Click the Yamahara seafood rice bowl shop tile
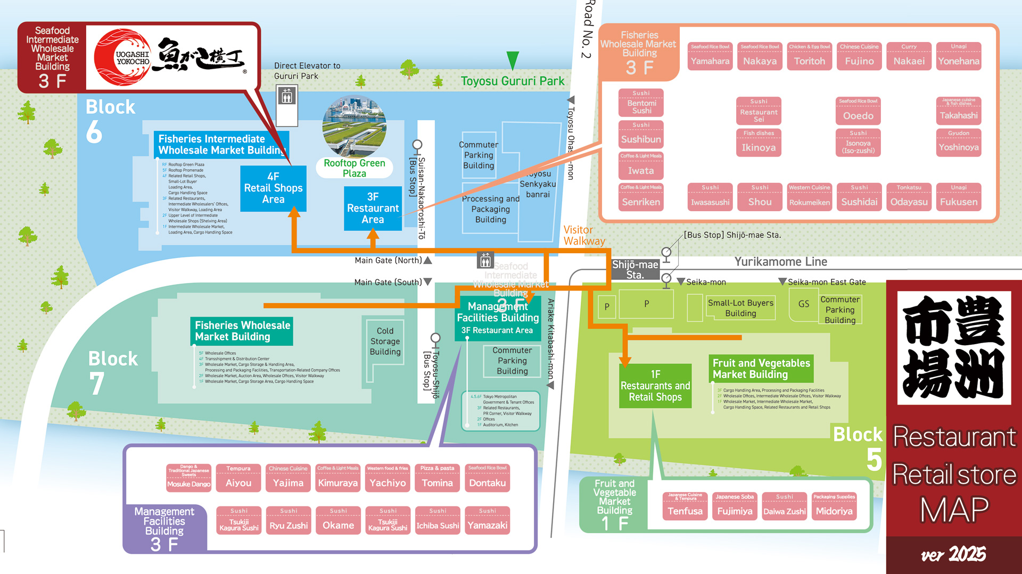tap(710, 56)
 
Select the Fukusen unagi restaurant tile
tap(958, 197)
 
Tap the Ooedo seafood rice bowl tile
tap(858, 111)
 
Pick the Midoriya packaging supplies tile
tap(834, 506)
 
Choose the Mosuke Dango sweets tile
tap(188, 478)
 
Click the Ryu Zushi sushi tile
tap(289, 520)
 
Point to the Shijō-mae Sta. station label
tap(634, 269)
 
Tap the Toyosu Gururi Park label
tap(512, 81)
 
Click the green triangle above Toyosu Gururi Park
tap(512, 60)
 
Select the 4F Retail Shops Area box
tap(273, 188)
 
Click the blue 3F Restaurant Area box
tap(373, 208)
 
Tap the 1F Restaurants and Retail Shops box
tap(655, 386)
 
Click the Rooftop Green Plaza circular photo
tap(355, 127)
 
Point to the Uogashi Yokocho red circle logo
tap(122, 57)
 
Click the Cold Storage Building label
tap(385, 341)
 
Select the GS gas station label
tap(803, 304)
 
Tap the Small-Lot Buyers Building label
tap(740, 308)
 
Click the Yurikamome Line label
tap(780, 262)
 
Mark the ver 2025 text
tap(953, 555)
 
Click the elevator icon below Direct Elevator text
tap(287, 97)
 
